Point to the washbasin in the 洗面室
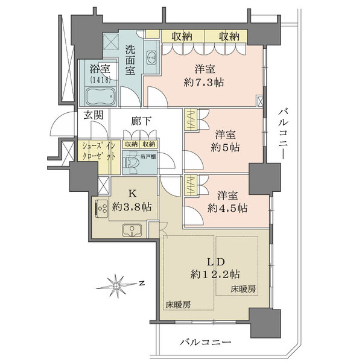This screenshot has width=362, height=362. [x=152, y=59]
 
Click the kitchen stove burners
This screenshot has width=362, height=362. [x=99, y=208]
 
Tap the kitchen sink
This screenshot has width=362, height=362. [x=132, y=230]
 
